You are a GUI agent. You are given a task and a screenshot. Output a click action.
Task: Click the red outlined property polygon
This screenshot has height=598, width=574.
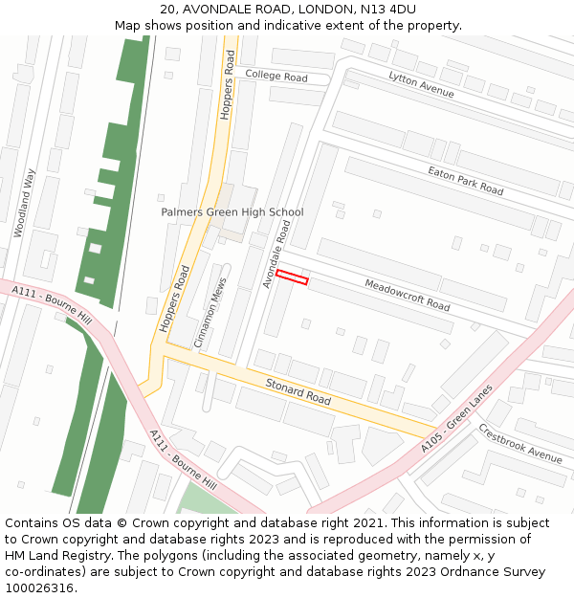point(293,277)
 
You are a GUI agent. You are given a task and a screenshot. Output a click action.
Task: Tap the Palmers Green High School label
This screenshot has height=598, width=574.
point(232,212)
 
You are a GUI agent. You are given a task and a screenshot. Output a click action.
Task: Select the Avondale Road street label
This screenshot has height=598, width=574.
point(276,254)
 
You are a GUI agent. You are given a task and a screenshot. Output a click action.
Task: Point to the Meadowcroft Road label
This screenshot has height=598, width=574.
point(407,295)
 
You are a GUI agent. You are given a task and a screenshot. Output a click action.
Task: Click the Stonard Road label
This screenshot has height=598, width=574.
point(298,391)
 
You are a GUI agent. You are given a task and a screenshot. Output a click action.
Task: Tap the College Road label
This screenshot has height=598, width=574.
point(276,76)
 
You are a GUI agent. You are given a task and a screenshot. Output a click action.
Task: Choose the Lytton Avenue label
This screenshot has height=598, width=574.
point(421,84)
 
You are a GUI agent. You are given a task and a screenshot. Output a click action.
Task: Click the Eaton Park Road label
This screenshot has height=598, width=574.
point(465,179)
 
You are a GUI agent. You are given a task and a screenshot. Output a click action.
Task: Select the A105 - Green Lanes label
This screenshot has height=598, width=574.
point(455,420)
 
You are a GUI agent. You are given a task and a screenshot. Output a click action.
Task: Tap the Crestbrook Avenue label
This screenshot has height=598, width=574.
point(519,443)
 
